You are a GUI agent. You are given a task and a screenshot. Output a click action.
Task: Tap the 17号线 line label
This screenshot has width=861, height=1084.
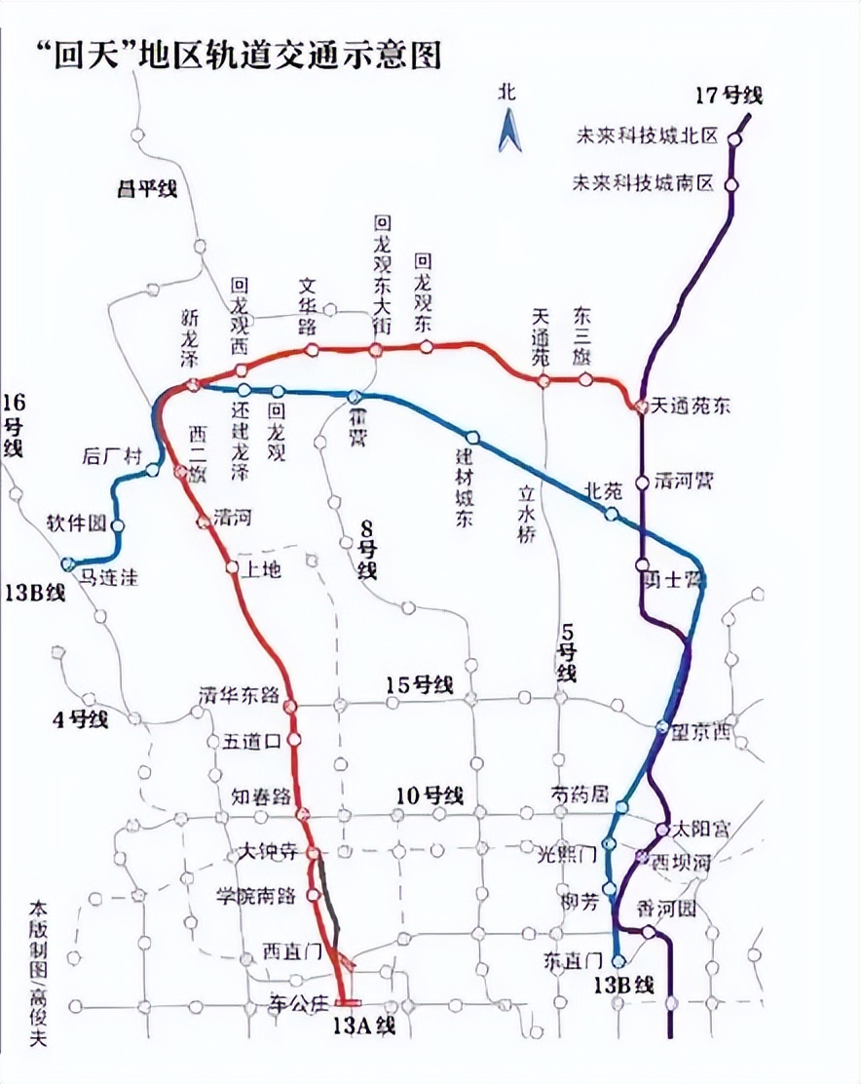click(x=730, y=96)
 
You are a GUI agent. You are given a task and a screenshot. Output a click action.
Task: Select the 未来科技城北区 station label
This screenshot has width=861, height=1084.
click(x=645, y=137)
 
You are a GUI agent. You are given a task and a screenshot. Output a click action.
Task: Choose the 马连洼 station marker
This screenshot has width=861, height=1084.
click(x=68, y=563)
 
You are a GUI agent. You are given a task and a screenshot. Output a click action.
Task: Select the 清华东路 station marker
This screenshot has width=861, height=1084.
click(x=289, y=705)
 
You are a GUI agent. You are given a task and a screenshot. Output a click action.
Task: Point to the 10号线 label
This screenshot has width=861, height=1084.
click(x=430, y=795)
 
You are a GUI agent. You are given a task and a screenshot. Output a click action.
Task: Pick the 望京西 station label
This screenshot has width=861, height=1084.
click(x=701, y=733)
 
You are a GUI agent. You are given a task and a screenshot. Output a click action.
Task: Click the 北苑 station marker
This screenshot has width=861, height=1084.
click(x=612, y=514)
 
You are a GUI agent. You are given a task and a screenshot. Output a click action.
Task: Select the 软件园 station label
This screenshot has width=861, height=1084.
click(x=75, y=523)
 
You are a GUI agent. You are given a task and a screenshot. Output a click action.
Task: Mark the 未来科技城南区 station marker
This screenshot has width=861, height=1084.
click(x=731, y=184)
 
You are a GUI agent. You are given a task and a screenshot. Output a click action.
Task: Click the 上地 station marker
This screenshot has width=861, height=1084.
click(x=232, y=567)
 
